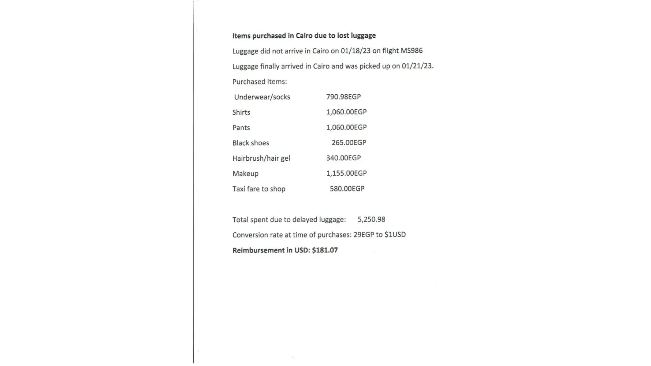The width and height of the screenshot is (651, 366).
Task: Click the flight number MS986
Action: click(x=411, y=51)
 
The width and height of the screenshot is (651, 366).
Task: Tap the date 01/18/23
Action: click(x=356, y=51)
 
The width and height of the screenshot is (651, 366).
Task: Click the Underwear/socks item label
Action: click(x=262, y=97)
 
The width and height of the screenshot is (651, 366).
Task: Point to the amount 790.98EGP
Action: click(x=343, y=97)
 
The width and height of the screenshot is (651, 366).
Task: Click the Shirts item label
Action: click(x=241, y=112)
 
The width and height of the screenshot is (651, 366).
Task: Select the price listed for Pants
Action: click(x=346, y=127)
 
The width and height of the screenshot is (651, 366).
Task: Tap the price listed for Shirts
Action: click(x=346, y=112)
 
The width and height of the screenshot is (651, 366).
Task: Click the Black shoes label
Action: click(x=250, y=143)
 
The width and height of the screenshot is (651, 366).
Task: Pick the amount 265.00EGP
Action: click(x=349, y=143)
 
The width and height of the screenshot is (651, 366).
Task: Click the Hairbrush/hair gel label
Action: click(x=261, y=158)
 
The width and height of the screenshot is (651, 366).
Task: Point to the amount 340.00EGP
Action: click(x=343, y=158)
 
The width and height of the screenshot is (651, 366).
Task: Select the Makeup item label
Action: click(x=245, y=173)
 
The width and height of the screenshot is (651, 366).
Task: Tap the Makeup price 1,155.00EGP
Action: click(x=346, y=173)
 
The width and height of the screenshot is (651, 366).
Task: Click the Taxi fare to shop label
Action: click(x=258, y=189)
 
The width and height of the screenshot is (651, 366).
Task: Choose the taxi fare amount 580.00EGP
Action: click(x=347, y=188)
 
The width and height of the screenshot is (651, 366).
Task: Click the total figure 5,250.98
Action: click(x=371, y=219)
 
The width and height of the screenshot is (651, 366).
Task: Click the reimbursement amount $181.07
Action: click(x=325, y=250)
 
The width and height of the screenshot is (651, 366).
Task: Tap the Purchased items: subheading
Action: click(x=259, y=82)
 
